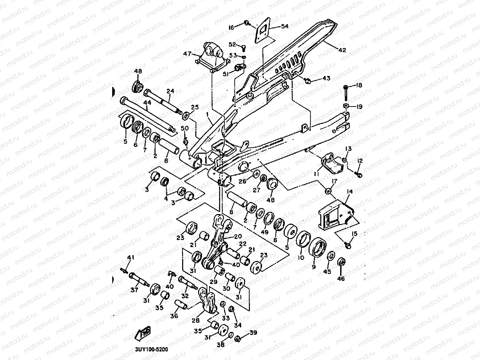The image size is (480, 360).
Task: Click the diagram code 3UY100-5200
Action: click(x=151, y=349)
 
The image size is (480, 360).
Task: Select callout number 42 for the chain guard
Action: click(x=342, y=50)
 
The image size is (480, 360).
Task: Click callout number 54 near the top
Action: click(x=285, y=26)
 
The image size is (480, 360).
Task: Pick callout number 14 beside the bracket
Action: click(x=350, y=191)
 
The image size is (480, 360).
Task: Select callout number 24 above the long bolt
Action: click(x=170, y=91)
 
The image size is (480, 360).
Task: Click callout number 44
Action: click(x=147, y=102)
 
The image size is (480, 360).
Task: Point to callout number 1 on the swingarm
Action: click(x=207, y=115)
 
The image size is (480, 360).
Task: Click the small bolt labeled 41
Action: click(x=125, y=272)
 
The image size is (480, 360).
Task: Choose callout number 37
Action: click(x=134, y=290)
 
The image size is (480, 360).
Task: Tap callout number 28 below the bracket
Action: click(x=196, y=320)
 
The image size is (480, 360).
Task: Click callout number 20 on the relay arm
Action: click(x=238, y=236)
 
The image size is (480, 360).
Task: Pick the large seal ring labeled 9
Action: click(x=317, y=249)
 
